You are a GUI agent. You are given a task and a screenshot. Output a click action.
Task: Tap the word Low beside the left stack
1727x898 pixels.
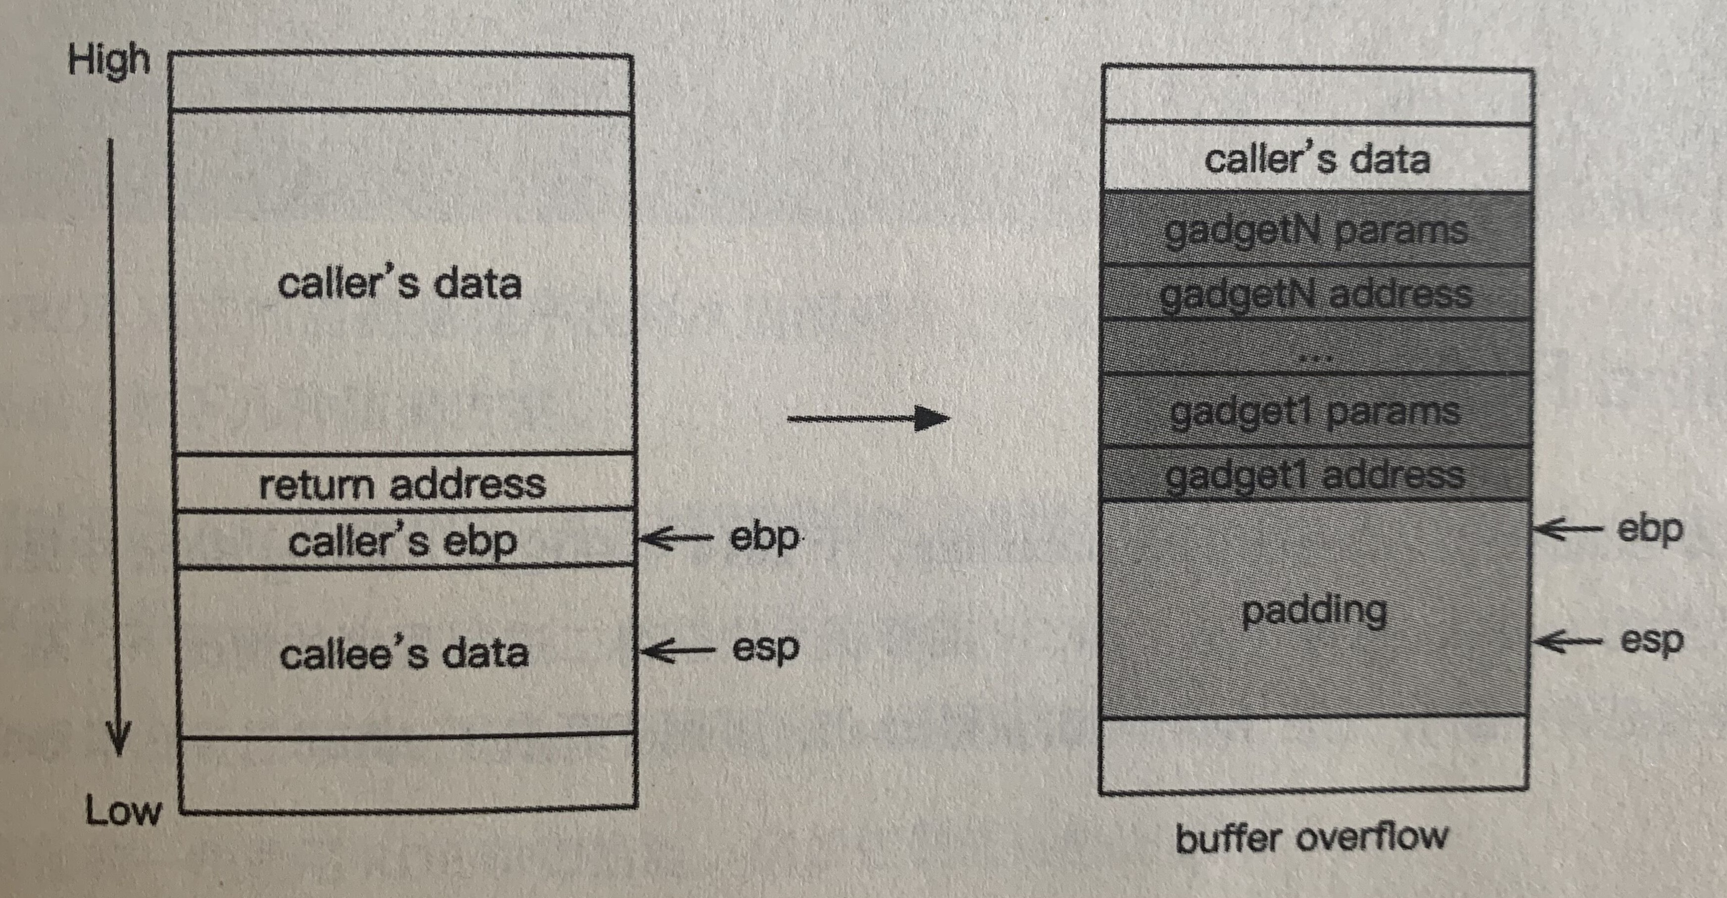coord(123,811)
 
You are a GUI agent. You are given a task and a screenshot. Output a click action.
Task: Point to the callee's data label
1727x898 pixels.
coord(404,653)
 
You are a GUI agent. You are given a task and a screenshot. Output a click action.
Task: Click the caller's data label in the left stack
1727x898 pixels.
coord(399,283)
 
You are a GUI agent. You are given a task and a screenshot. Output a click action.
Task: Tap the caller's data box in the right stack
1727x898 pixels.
coord(1317,159)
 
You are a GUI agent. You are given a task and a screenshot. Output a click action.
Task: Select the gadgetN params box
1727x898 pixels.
coord(1317,230)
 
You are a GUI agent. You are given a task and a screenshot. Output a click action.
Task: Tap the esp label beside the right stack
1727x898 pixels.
coord(1651,640)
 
